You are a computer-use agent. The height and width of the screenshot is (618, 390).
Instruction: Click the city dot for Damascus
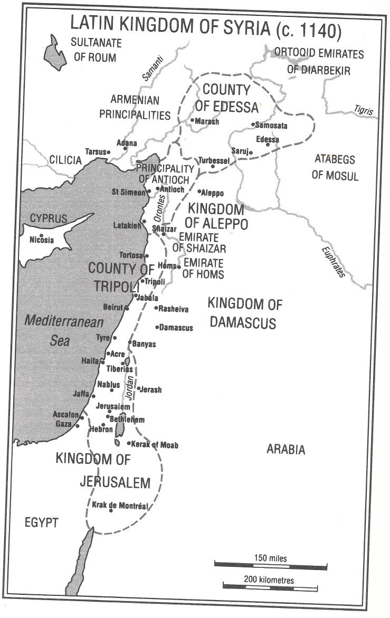(x=157, y=328)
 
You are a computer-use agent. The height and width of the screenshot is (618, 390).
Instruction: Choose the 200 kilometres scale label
(x=269, y=579)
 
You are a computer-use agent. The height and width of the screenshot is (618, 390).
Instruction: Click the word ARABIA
(x=286, y=450)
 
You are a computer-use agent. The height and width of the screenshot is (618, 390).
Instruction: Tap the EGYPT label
(x=41, y=522)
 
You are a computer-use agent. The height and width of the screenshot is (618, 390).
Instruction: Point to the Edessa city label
(x=267, y=140)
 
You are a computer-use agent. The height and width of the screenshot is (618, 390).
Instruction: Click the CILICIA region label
(x=65, y=160)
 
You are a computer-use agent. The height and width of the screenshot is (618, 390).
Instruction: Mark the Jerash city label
(x=151, y=389)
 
